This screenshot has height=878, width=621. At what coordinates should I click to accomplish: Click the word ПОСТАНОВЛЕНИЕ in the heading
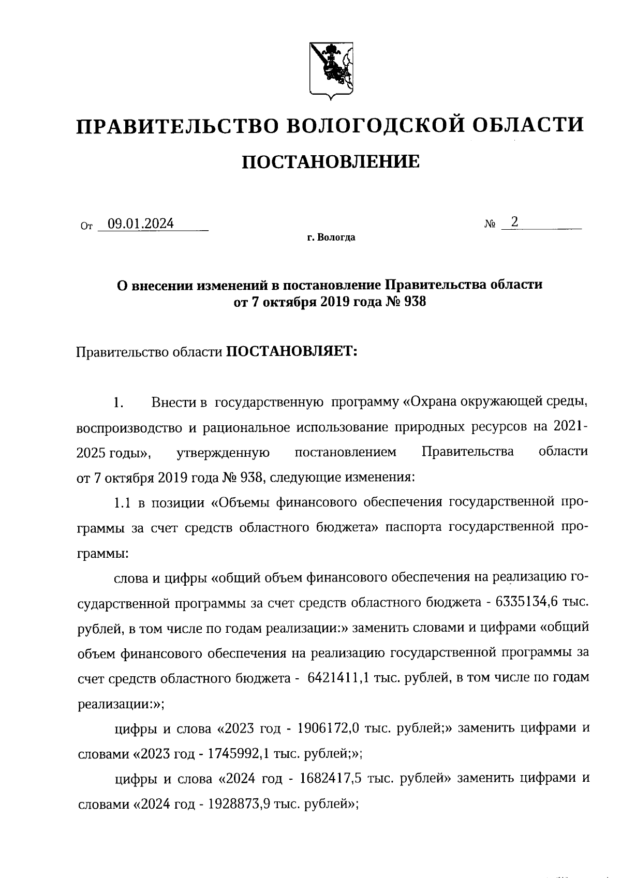point(331,162)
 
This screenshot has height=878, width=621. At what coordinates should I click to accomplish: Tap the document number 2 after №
point(514,222)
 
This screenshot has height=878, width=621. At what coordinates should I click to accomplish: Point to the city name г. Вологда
point(331,238)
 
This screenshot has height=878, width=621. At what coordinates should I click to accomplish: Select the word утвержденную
point(223,452)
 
